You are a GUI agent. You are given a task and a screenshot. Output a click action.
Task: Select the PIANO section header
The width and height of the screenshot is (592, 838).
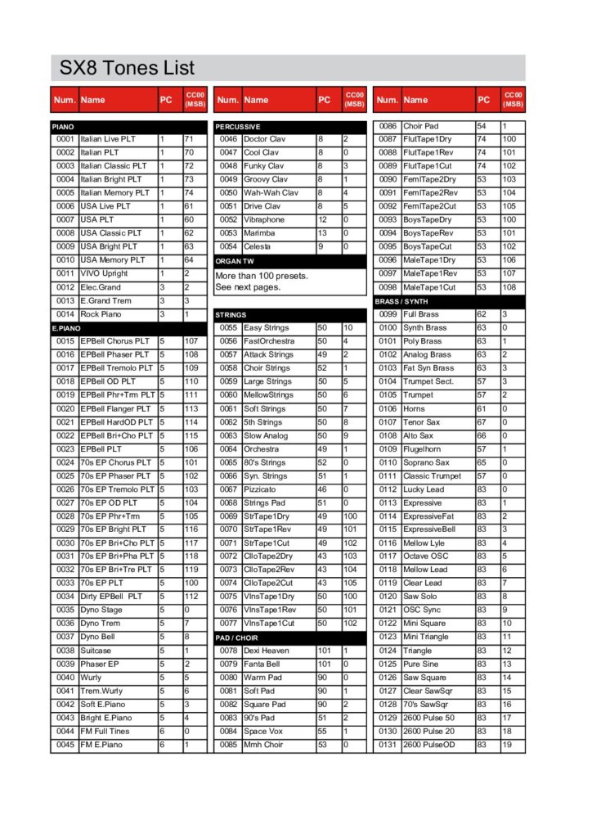(63, 127)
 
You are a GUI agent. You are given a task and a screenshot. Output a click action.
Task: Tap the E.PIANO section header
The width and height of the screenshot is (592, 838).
(66, 327)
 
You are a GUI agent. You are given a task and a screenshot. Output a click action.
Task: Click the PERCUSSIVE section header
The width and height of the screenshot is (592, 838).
(238, 127)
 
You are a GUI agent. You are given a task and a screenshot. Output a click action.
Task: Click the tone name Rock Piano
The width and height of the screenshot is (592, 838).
(101, 314)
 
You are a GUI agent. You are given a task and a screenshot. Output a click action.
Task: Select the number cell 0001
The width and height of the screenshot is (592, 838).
(65, 140)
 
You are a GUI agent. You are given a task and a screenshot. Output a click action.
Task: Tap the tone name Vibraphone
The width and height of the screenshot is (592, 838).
(264, 220)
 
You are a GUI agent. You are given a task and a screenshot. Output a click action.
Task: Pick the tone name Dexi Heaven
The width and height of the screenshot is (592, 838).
(267, 651)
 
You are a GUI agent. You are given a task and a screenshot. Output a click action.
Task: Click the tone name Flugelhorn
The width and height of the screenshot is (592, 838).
(422, 448)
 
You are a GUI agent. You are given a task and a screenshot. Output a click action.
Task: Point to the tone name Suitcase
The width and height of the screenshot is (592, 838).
(96, 651)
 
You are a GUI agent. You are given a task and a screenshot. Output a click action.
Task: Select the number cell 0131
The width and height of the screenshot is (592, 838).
(388, 745)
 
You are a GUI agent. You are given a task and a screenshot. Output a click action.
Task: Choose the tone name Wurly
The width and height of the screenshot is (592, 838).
(91, 678)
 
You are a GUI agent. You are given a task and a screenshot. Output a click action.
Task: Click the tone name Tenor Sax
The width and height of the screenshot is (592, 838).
(422, 421)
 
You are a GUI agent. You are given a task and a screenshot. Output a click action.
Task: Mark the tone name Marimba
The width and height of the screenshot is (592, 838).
(260, 233)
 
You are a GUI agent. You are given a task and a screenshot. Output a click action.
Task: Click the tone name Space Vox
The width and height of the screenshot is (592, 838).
(262, 731)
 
